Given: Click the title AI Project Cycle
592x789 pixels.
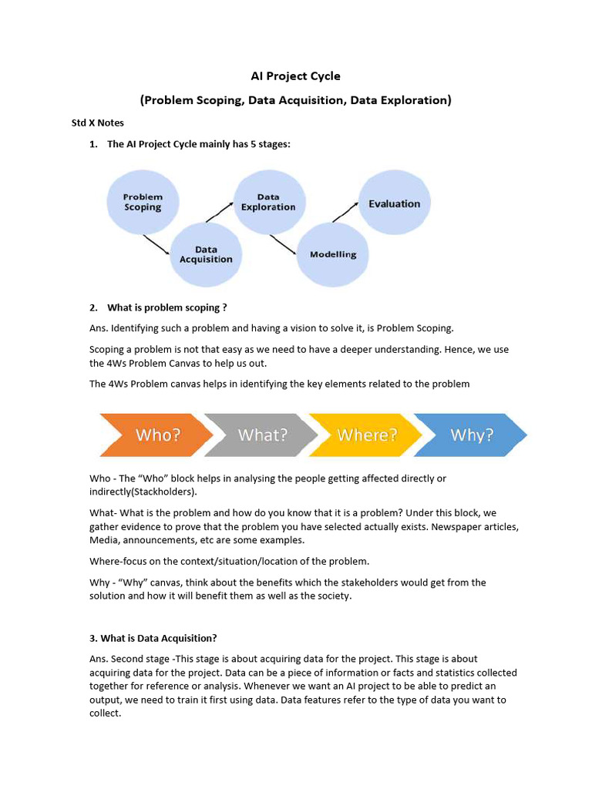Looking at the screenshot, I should (295, 76).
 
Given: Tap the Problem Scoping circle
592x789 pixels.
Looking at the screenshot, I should (143, 202).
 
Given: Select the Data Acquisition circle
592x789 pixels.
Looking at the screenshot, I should (206, 254).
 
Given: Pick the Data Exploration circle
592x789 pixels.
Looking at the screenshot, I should (268, 202).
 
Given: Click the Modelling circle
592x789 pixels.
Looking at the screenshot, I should (333, 254).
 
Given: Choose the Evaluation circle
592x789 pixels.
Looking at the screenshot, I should (394, 203).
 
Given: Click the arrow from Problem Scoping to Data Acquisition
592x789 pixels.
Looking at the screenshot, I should (156, 244).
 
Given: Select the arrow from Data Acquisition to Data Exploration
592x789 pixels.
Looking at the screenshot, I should (220, 213).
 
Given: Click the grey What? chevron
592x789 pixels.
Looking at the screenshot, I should (262, 435).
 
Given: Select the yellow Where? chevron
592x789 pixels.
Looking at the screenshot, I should (367, 435).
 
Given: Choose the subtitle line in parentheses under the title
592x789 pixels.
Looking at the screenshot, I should (295, 100).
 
